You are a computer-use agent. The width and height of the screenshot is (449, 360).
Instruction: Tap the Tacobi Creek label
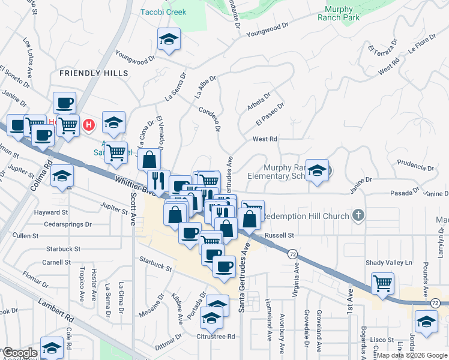163,12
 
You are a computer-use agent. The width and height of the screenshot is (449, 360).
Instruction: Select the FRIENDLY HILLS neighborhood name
94,73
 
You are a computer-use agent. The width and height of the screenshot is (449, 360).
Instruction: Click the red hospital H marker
89,125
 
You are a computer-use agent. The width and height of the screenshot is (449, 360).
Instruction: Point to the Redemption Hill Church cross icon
358,215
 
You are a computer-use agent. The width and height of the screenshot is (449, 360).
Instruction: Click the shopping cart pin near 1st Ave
383,283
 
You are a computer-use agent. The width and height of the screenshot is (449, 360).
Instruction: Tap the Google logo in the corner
20,353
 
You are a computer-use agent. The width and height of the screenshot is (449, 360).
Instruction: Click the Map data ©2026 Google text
412,355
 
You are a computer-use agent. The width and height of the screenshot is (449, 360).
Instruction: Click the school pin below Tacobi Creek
169,41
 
